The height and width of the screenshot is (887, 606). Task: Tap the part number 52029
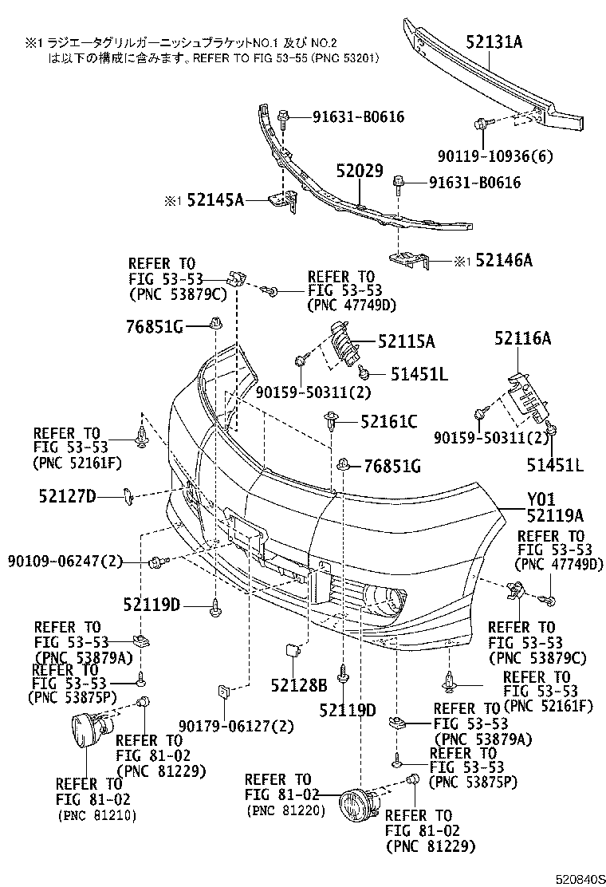[359, 171]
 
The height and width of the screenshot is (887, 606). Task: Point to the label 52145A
[215, 201]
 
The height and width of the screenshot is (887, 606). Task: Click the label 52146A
[504, 260]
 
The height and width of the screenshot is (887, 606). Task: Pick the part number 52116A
[522, 338]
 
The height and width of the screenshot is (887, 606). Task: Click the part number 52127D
[67, 497]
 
